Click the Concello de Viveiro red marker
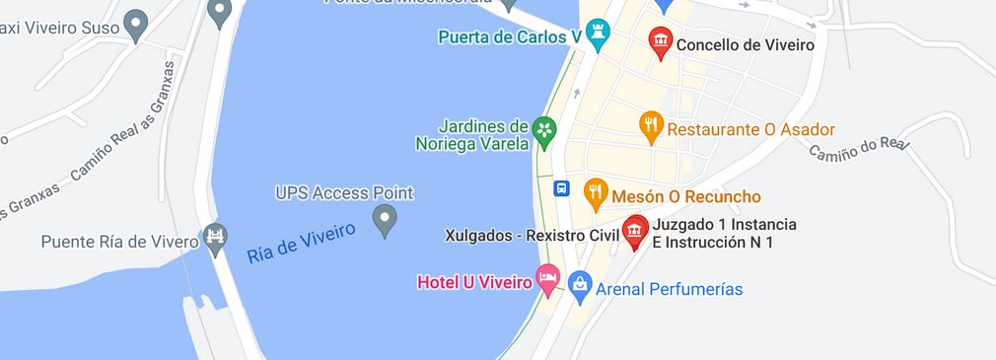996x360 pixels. (x=660, y=42)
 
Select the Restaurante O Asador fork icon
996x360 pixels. (x=651, y=126)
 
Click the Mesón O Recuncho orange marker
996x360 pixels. (x=596, y=193)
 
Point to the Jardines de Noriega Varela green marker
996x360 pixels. (x=543, y=130)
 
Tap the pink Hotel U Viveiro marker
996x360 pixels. (x=547, y=280)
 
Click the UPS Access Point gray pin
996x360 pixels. (x=385, y=219)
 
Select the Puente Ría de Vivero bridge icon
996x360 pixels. (x=215, y=237)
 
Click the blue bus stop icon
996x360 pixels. (x=561, y=188)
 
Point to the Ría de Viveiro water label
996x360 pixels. (x=301, y=243)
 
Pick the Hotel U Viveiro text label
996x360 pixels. (x=474, y=283)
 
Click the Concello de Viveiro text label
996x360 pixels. (x=745, y=44)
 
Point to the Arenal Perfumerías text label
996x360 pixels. (x=670, y=289)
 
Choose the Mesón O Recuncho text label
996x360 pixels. (x=686, y=196)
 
